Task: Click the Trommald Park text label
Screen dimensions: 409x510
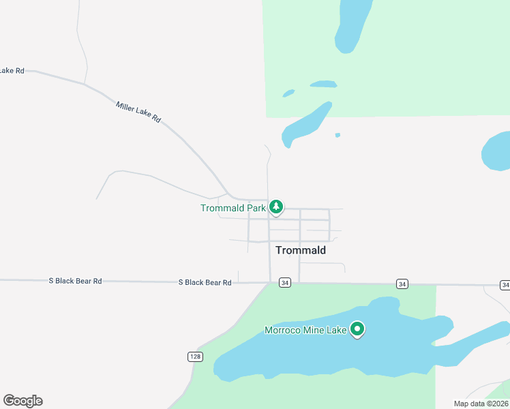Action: (232, 208)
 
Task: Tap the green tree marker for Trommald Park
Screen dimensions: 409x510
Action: (275, 206)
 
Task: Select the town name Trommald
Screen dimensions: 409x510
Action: (301, 250)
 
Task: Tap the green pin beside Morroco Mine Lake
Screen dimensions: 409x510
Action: (357, 330)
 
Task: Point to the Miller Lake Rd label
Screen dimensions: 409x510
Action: (138, 112)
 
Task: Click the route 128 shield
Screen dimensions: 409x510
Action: (195, 357)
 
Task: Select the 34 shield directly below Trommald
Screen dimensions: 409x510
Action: (285, 283)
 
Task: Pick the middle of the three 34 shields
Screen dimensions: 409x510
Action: (402, 284)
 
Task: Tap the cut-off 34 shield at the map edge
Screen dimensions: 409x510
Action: (505, 284)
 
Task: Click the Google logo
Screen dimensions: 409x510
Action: (22, 401)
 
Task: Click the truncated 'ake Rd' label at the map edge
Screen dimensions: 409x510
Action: (12, 70)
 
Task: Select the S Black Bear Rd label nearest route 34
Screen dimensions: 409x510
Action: (205, 282)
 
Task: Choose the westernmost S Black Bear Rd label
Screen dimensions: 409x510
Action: (75, 281)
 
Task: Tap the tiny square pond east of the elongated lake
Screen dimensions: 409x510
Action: (337, 135)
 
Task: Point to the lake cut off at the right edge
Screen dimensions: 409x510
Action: (496, 151)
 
